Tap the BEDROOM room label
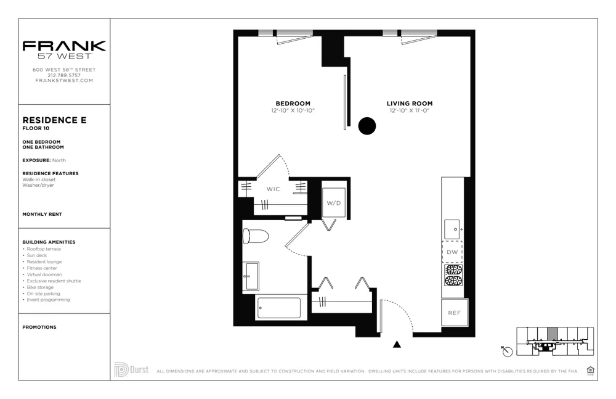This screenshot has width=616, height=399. click(x=293, y=104)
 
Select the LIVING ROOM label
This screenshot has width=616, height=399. click(x=409, y=104)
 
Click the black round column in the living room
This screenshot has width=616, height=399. click(x=367, y=126)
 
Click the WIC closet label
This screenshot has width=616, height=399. click(x=274, y=189)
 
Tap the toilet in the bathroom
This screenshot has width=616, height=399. click(x=256, y=236)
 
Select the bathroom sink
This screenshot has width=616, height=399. click(x=251, y=276)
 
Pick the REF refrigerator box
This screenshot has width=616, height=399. click(x=454, y=313)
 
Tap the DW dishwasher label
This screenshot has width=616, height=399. click(x=452, y=252)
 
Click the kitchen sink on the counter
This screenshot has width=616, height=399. click(x=452, y=229)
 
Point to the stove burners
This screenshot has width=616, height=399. click(x=453, y=275)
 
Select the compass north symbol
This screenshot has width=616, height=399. click(x=507, y=351)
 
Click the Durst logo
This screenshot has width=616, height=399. click(x=131, y=370)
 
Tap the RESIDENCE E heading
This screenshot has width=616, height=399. click(x=55, y=120)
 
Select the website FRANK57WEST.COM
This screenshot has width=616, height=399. click(x=64, y=81)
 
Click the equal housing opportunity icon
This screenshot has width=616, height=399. click(x=591, y=370)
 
